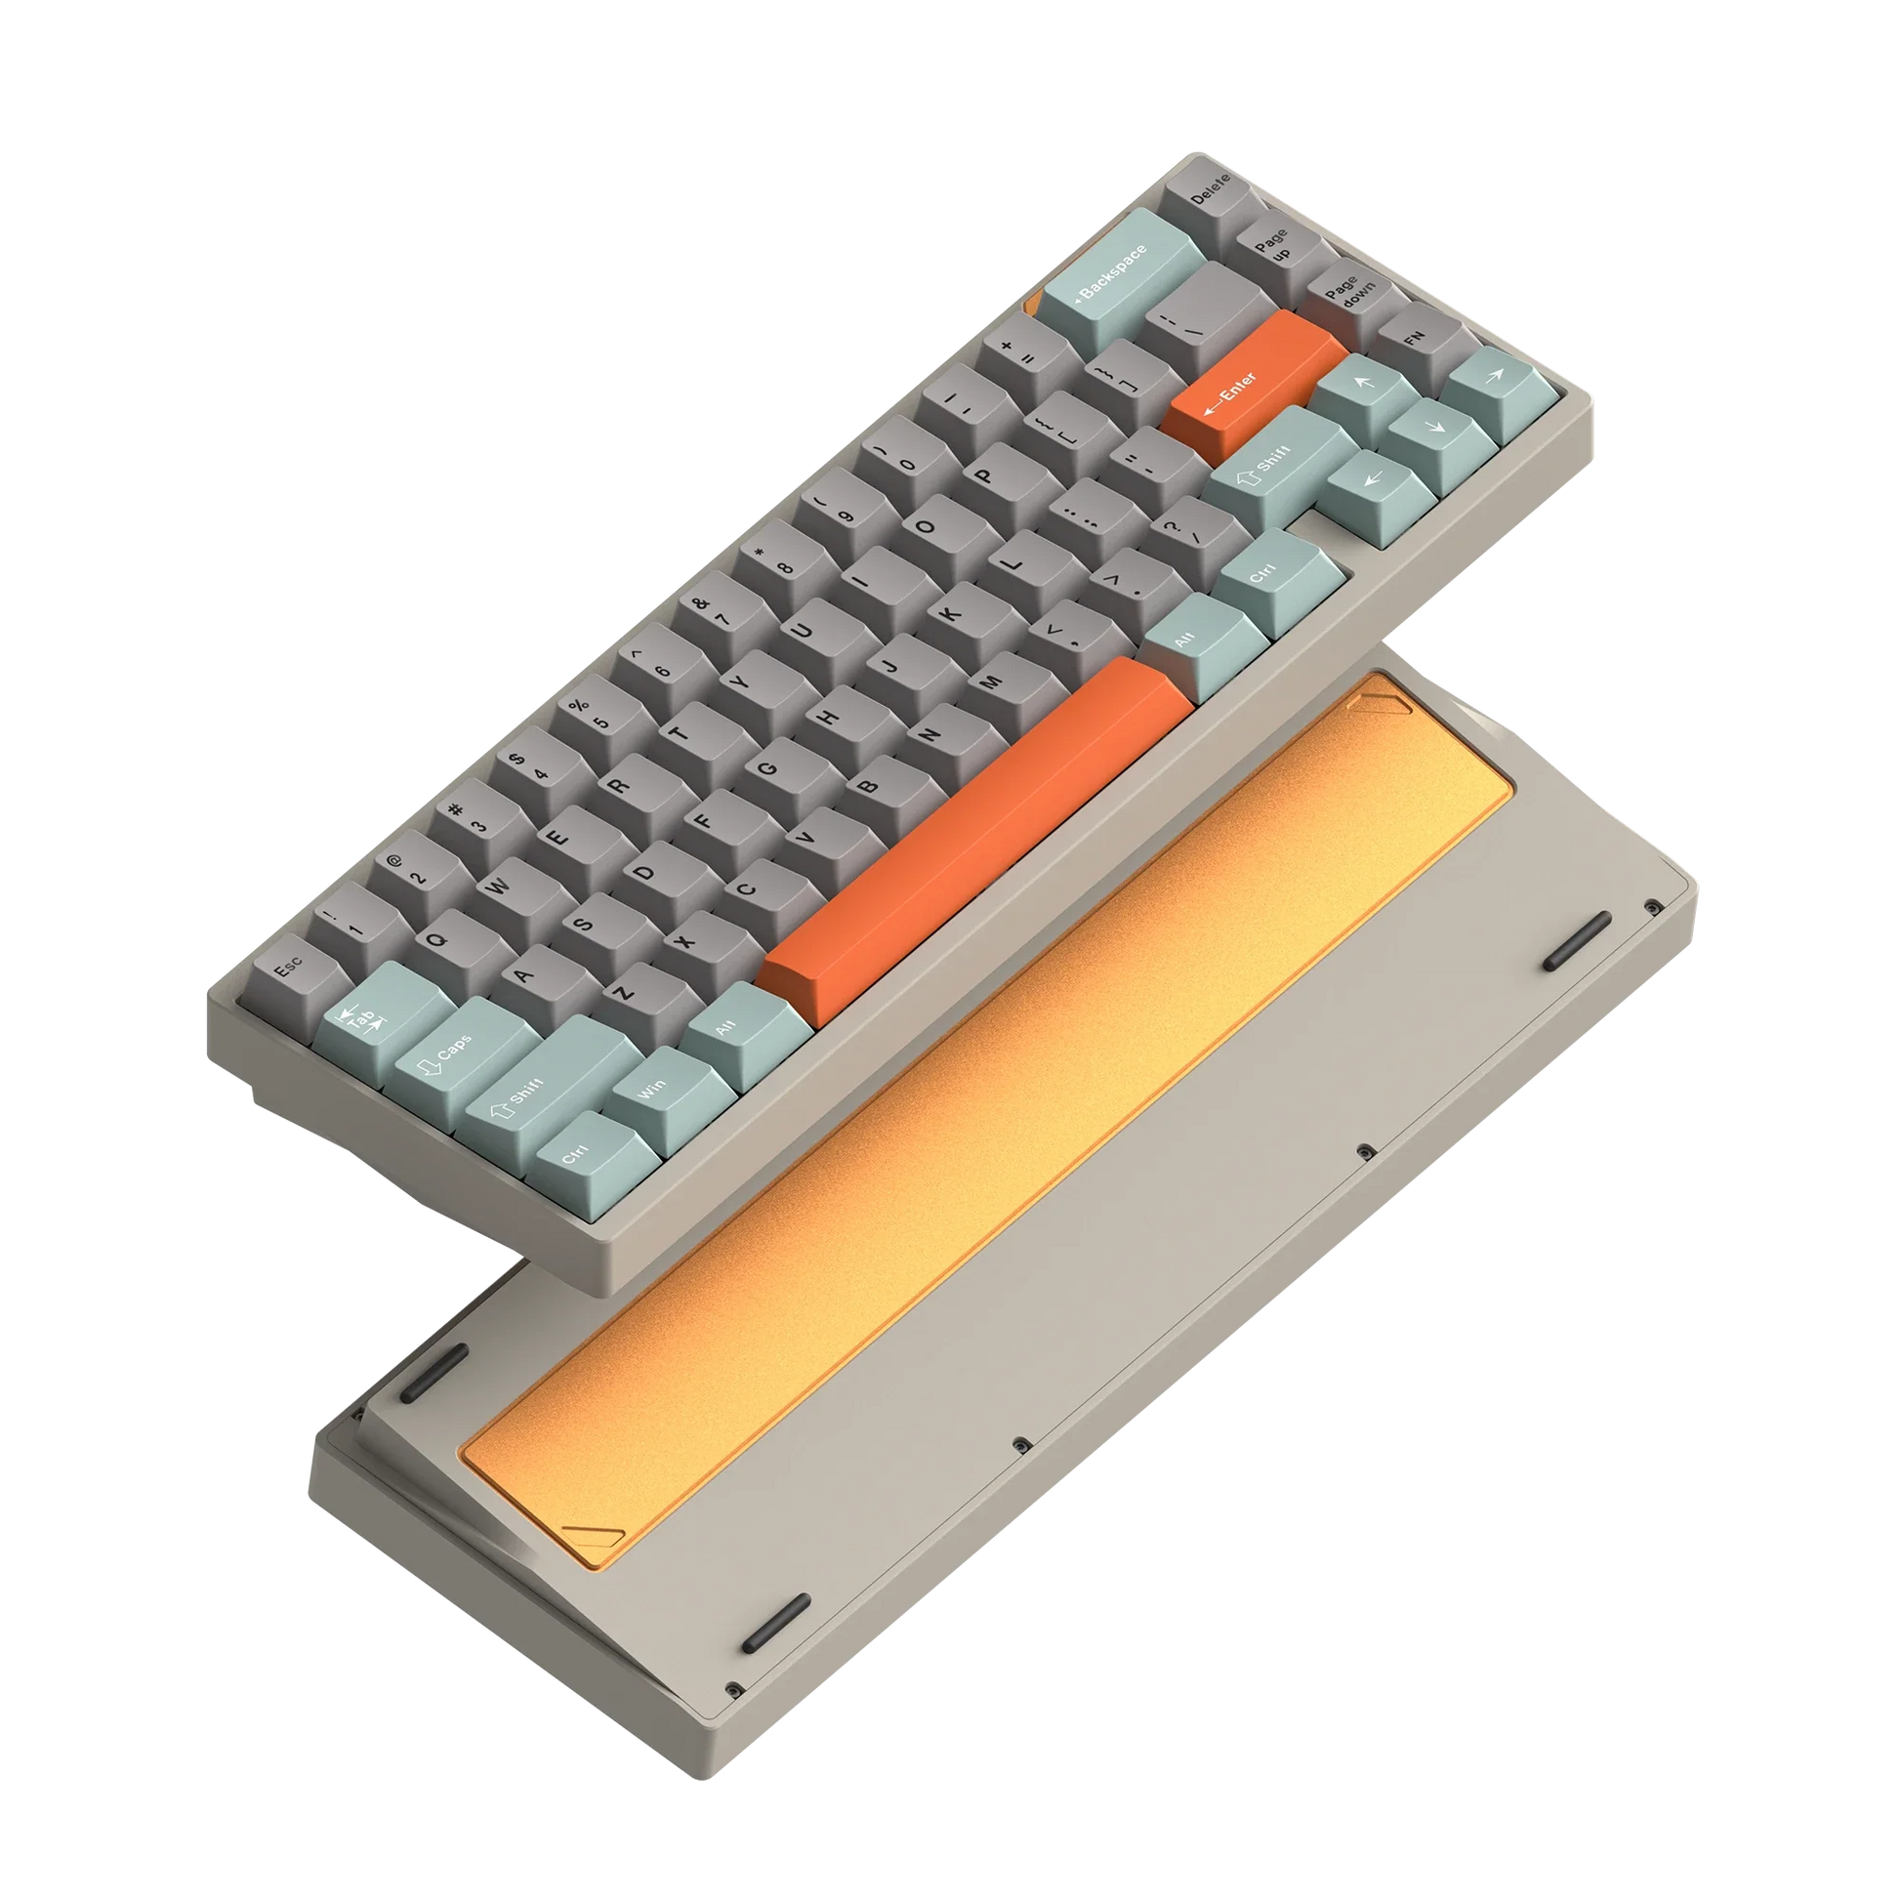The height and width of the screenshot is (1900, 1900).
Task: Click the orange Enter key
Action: click(1254, 387)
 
